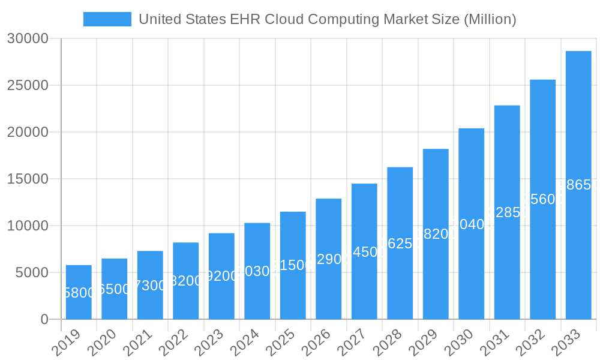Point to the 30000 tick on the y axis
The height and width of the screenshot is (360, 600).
pos(28,39)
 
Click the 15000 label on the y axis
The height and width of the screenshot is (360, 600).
pos(28,179)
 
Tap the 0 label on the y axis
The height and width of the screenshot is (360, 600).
pos(44,320)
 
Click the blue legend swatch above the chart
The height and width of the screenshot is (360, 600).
pos(107,19)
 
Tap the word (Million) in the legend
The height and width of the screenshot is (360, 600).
pos(490,19)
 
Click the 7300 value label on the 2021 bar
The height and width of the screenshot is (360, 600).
pos(150,286)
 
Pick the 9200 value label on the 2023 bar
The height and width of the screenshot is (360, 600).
pos(221,277)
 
